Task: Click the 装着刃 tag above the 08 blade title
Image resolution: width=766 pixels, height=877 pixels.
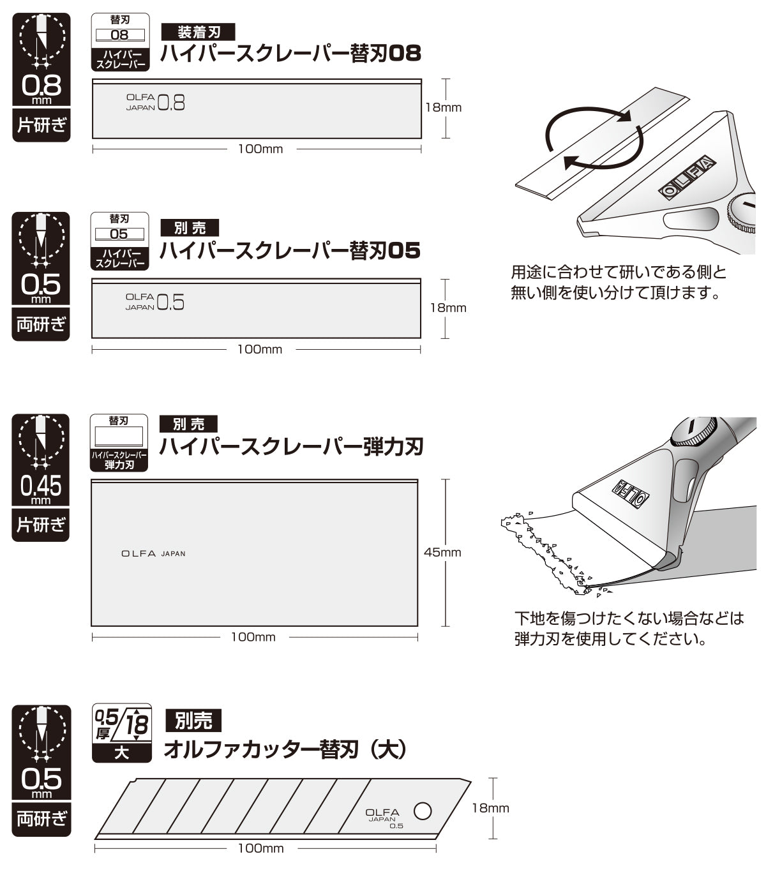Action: click(198, 32)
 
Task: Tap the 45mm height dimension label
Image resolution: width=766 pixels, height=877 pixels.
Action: click(442, 552)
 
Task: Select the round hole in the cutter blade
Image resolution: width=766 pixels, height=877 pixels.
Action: click(423, 811)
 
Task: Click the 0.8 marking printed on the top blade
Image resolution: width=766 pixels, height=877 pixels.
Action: click(171, 103)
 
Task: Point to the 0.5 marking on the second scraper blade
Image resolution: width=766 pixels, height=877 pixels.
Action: click(170, 302)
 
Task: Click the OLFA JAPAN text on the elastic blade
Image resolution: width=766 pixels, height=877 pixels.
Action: click(153, 553)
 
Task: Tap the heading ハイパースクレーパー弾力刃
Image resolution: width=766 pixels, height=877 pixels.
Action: click(291, 446)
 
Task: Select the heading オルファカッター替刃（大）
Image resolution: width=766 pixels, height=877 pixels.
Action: click(285, 749)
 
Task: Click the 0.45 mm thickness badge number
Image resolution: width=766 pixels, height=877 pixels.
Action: click(41, 486)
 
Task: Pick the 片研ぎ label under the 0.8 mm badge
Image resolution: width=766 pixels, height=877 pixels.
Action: click(41, 125)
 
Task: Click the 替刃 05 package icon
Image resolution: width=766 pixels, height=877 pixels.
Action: click(119, 241)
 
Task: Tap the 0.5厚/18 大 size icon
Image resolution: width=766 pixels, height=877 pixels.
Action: click(122, 733)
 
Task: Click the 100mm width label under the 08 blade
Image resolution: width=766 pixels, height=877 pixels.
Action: click(260, 149)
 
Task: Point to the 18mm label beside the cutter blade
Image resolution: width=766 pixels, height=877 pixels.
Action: click(490, 809)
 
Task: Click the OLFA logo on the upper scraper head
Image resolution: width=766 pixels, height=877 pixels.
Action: click(687, 177)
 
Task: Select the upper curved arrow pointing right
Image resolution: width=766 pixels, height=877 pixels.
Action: click(588, 116)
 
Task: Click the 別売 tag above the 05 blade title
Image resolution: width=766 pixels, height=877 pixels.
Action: click(190, 228)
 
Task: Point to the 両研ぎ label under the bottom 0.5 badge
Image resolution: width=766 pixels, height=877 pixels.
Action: click(41, 819)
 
